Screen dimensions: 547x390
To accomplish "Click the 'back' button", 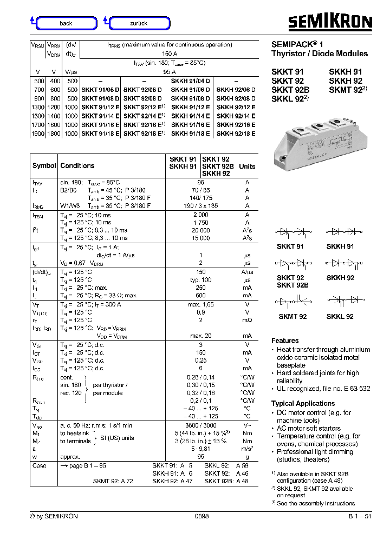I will [x=66, y=23].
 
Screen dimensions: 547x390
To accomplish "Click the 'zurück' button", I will [x=139, y=23].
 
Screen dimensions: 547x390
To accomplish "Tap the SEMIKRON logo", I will [x=329, y=22].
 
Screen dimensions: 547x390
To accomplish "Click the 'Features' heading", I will [x=285, y=341].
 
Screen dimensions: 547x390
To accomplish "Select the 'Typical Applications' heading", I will [x=303, y=403].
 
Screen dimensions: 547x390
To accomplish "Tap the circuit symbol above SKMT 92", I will [x=293, y=300].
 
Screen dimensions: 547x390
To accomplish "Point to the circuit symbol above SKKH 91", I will [x=340, y=231].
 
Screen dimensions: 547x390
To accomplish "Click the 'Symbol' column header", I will [x=44, y=166].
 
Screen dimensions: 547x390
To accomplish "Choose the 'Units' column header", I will [x=247, y=166].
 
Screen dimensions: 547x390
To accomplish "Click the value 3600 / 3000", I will [x=200, y=426].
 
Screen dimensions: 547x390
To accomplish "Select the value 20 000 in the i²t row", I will [x=200, y=230].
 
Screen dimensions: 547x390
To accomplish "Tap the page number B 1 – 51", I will [x=360, y=517].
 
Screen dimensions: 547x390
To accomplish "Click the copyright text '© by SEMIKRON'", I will [x=54, y=517].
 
